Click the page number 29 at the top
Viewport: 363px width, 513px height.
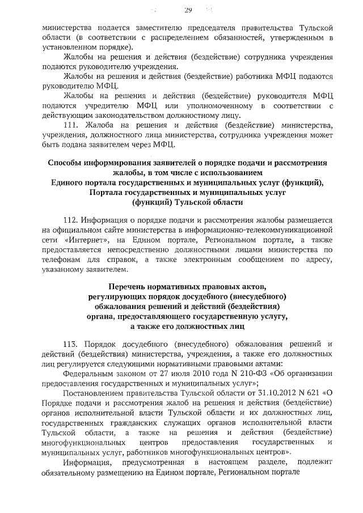point(188,10)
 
